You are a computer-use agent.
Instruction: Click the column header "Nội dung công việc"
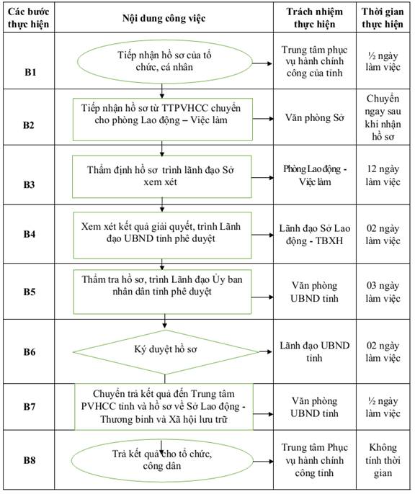[164, 18]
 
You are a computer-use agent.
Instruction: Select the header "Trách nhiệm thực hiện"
[314, 17]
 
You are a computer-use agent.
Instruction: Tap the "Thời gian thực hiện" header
[383, 17]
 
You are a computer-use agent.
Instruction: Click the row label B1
[30, 72]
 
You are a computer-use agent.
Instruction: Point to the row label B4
[30, 234]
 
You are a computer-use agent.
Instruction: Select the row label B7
[30, 406]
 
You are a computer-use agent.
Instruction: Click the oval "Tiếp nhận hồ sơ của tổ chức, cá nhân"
[164, 62]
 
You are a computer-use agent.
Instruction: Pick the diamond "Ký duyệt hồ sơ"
[166, 352]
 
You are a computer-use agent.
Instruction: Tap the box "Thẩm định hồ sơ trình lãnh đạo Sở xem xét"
[161, 176]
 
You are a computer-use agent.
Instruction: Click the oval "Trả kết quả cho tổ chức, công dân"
[162, 461]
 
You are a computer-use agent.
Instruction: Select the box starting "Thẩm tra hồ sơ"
[162, 292]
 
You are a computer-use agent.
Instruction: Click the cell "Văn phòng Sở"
[314, 117]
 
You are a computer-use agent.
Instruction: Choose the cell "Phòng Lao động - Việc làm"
[315, 175]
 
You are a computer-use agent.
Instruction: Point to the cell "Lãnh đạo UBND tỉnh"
[314, 351]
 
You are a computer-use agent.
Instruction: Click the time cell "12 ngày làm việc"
[383, 175]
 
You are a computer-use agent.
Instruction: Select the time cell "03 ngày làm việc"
[383, 292]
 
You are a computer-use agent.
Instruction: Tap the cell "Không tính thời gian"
[383, 460]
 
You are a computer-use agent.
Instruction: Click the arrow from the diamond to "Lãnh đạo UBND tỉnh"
[265, 351]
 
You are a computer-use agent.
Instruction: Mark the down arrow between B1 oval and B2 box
[161, 91]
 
